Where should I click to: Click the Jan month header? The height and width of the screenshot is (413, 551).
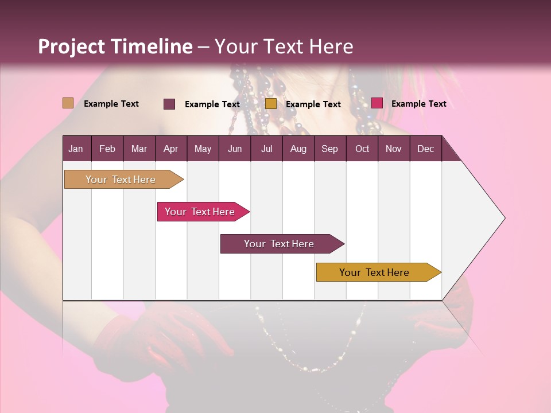tap(76, 149)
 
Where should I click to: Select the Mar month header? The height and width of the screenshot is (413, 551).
tap(139, 149)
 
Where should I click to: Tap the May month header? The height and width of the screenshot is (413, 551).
tap(203, 149)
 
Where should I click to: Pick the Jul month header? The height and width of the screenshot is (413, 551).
tap(266, 149)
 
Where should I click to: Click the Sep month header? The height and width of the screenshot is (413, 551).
tap(329, 149)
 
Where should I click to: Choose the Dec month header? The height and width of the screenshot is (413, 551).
tap(425, 149)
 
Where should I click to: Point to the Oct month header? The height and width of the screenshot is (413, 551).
tap(362, 149)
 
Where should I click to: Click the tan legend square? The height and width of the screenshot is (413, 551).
tap(68, 103)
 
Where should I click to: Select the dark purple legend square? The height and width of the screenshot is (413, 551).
tap(169, 104)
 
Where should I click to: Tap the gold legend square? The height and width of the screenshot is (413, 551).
tap(271, 104)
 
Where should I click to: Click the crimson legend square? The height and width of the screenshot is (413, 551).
tap(377, 103)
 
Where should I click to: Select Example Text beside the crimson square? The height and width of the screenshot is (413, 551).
tap(418, 104)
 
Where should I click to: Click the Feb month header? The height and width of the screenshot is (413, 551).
tap(107, 149)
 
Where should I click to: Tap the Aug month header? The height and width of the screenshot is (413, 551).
tap(298, 149)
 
